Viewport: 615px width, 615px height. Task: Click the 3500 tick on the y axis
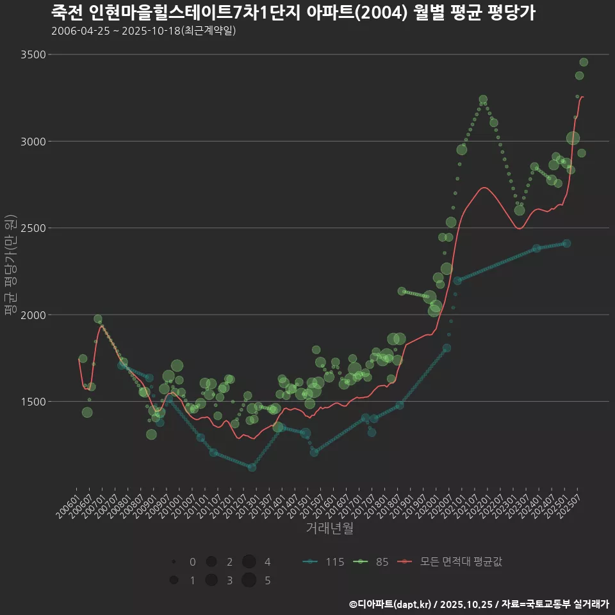[x=33, y=54]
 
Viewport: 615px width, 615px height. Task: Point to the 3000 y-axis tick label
[x=33, y=141]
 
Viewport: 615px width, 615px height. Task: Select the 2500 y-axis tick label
[x=33, y=228]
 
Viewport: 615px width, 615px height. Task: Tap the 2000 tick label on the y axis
[x=33, y=315]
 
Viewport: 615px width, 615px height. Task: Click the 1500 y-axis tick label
[x=33, y=402]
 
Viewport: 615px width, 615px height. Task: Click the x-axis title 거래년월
[x=329, y=528]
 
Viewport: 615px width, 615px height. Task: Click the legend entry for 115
[x=324, y=562]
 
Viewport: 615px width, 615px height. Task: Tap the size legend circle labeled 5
[x=249, y=580]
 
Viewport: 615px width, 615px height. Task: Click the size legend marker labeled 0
[x=174, y=562]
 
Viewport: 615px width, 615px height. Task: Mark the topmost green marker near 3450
[x=584, y=62]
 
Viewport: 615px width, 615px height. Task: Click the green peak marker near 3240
[x=483, y=99]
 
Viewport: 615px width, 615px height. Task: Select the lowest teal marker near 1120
[x=252, y=467]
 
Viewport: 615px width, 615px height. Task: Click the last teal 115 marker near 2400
[x=566, y=243]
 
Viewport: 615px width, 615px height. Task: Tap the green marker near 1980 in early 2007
[x=98, y=318]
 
